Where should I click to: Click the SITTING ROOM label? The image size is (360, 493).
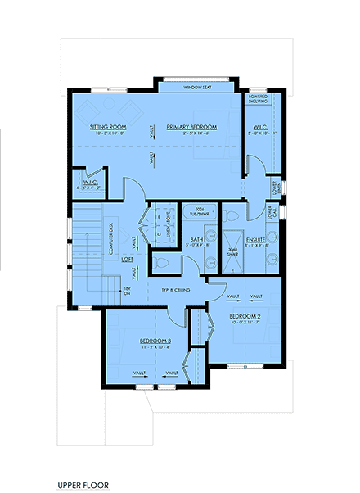coord(106,127)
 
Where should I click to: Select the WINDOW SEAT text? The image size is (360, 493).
coord(196,86)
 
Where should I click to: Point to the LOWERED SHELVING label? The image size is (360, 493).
coord(259,99)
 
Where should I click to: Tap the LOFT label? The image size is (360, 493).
coord(128,259)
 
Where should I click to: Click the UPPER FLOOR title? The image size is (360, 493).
coord(83,485)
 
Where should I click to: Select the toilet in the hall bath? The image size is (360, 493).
coord(163,263)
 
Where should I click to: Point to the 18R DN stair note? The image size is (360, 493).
coord(127,291)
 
